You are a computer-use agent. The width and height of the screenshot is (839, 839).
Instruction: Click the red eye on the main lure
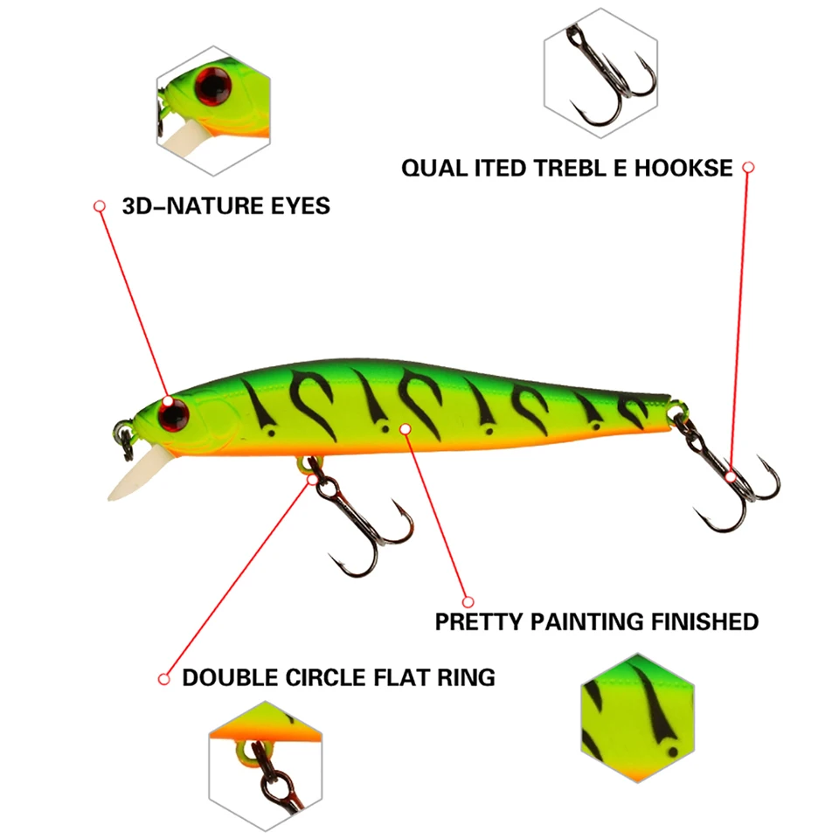click(x=172, y=413)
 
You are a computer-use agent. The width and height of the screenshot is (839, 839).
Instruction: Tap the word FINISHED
click(x=704, y=622)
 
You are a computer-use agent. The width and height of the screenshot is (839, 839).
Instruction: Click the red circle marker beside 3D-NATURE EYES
click(x=100, y=206)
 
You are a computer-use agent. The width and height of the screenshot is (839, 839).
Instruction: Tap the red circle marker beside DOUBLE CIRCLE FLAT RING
click(x=163, y=678)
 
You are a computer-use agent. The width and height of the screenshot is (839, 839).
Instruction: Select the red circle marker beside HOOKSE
click(x=748, y=166)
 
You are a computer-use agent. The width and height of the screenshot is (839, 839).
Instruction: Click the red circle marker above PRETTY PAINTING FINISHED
click(x=468, y=601)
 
